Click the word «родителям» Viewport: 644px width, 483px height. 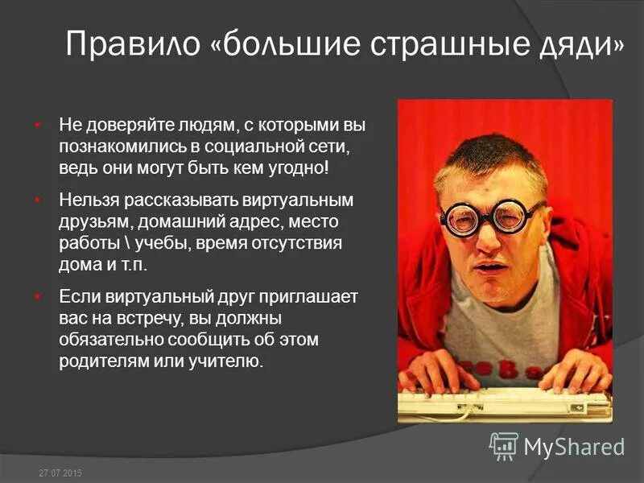102,361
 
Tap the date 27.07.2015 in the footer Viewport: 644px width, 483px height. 60,473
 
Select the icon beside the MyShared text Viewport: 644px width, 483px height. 504,446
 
